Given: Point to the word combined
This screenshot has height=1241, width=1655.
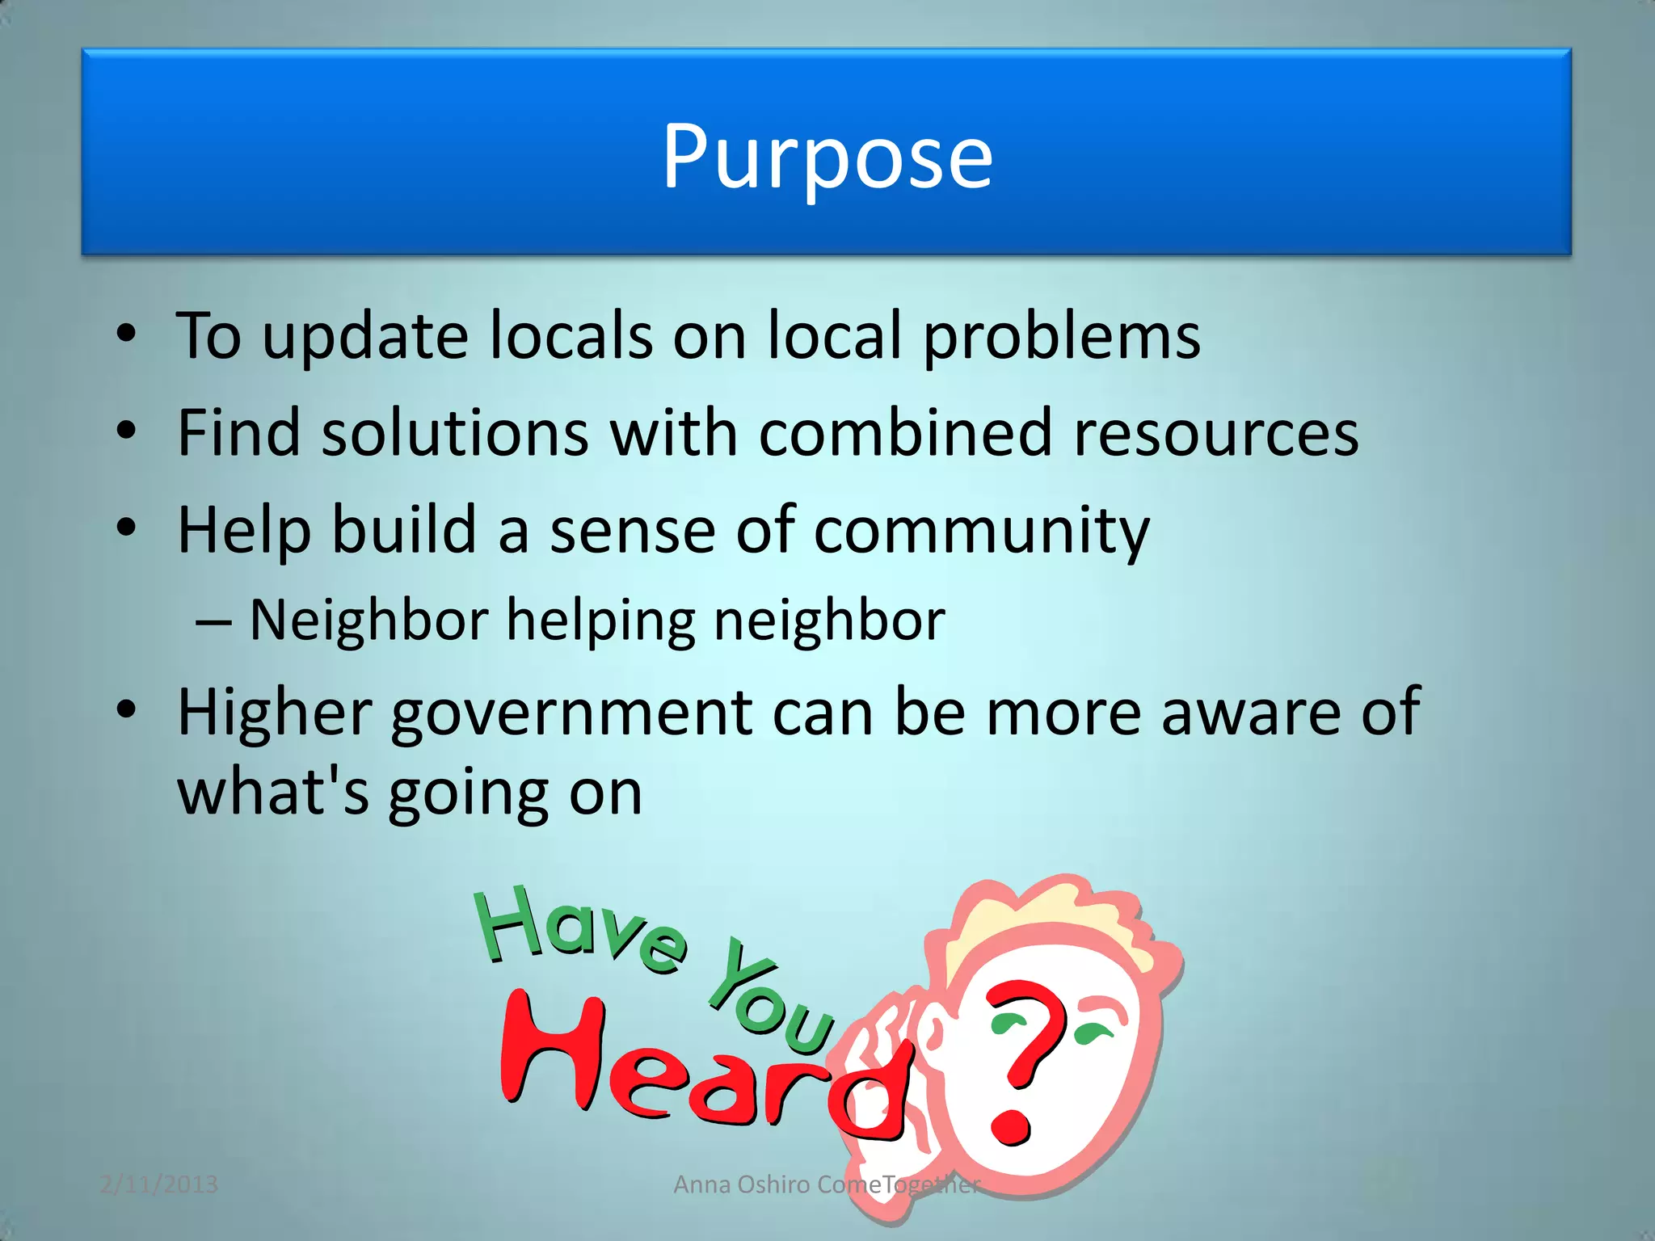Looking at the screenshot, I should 905,433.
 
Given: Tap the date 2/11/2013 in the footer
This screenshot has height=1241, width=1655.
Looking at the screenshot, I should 159,1184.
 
